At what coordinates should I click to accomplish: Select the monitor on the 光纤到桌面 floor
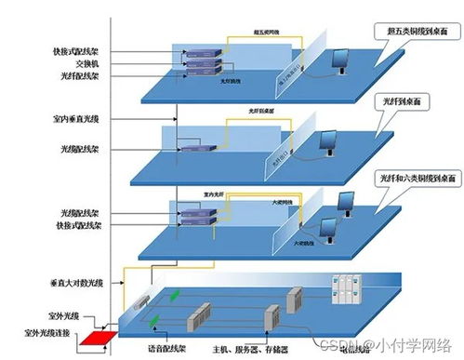(329, 140)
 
